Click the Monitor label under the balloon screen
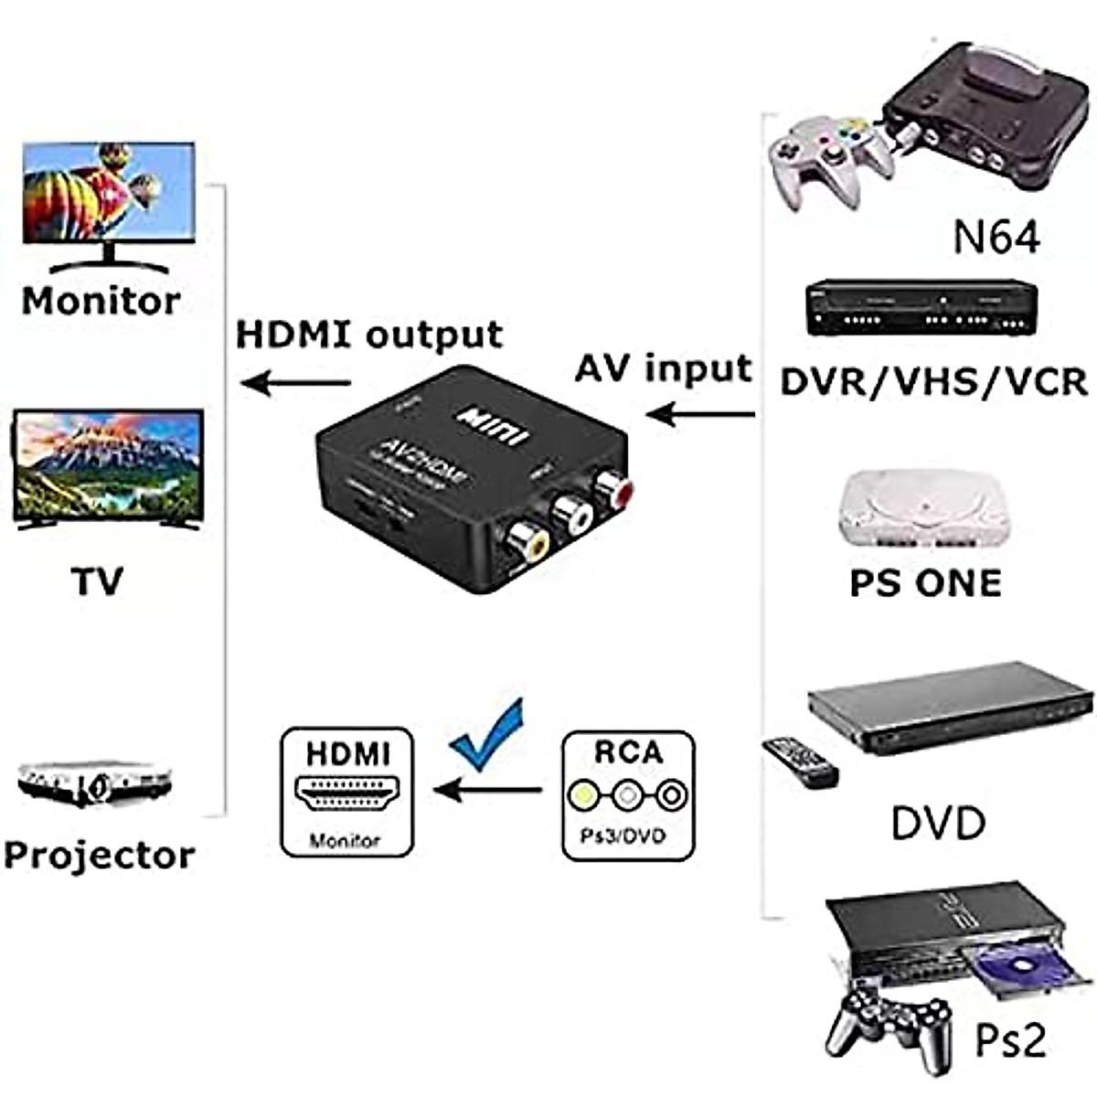[x=101, y=301]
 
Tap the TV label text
[x=97, y=580]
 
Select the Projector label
[x=99, y=856]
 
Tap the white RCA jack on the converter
[x=571, y=516]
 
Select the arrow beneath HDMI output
[x=295, y=383]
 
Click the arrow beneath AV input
[x=699, y=414]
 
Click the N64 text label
[x=996, y=238]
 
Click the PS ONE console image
[x=923, y=512]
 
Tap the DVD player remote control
[x=800, y=762]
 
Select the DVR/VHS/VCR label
[x=933, y=381]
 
